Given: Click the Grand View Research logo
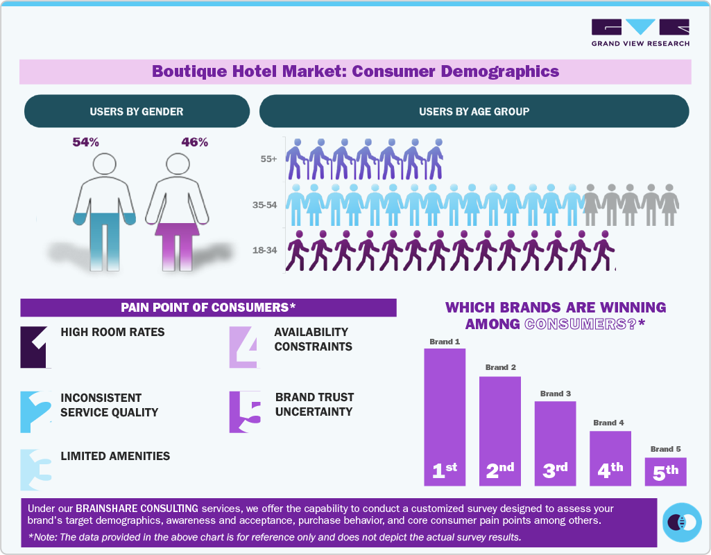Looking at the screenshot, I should (640, 33).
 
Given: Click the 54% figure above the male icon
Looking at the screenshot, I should (86, 142).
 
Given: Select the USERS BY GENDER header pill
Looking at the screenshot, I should (137, 112).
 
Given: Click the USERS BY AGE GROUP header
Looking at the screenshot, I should (474, 112).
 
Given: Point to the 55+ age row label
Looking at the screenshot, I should (268, 159).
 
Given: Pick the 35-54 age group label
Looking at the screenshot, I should (266, 204).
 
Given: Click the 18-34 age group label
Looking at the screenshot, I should (266, 250).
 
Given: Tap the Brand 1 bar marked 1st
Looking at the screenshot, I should (445, 416).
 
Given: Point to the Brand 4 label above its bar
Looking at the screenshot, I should (609, 422).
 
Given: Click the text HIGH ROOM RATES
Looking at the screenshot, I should (113, 332).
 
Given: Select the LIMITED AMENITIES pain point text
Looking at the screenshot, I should (115, 456).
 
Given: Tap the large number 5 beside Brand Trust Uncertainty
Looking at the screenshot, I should (244, 413).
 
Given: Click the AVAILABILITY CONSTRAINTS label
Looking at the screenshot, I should (313, 340).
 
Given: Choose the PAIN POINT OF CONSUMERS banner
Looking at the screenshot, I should (208, 308).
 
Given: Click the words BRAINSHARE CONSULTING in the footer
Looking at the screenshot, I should (137, 508).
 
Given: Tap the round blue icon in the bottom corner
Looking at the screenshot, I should (682, 522).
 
